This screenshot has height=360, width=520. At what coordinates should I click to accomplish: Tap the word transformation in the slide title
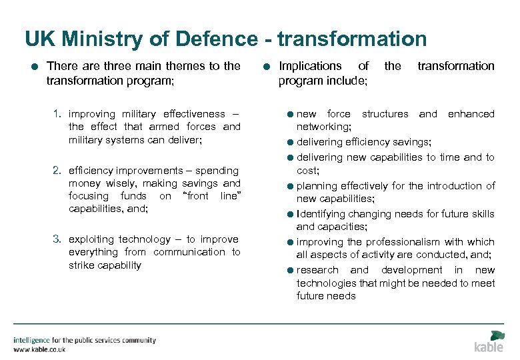352,39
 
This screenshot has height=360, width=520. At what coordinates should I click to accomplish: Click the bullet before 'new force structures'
291,115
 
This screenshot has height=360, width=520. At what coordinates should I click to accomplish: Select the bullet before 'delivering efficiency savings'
291,143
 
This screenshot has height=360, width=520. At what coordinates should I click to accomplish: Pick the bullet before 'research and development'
291,271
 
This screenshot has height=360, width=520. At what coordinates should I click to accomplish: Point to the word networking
323,127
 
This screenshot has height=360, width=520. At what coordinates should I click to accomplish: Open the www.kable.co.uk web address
40,349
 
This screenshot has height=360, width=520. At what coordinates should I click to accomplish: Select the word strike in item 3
81,265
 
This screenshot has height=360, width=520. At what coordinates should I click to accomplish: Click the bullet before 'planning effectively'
291,187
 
